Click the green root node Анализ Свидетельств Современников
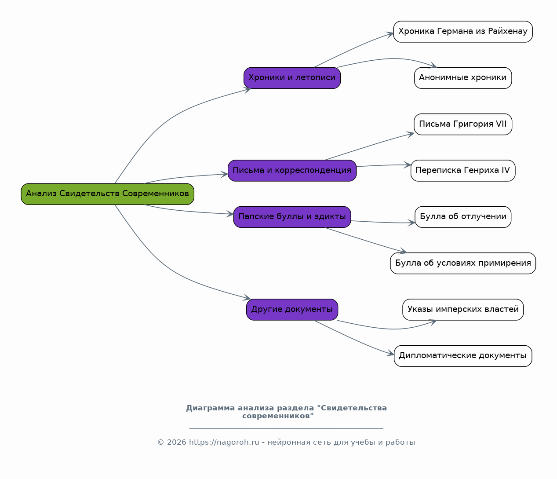coord(108,194)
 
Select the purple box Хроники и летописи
coord(292,78)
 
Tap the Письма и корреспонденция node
coord(292,171)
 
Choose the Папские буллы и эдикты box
coord(292,217)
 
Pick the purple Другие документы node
coord(292,310)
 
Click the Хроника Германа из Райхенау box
coord(463,32)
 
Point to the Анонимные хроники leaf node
coord(463,78)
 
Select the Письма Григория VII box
coord(463,124)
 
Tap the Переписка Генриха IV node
coord(463,171)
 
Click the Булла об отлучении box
coord(463,217)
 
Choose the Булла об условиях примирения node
coord(463,263)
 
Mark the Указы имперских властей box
coord(463,310)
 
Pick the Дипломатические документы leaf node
coord(463,356)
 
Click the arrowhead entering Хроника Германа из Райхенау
coord(390,35)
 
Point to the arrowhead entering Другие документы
coord(248,297)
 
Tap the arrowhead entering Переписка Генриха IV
coord(407,165)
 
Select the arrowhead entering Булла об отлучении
coord(411,223)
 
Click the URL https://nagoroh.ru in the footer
coord(224,442)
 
